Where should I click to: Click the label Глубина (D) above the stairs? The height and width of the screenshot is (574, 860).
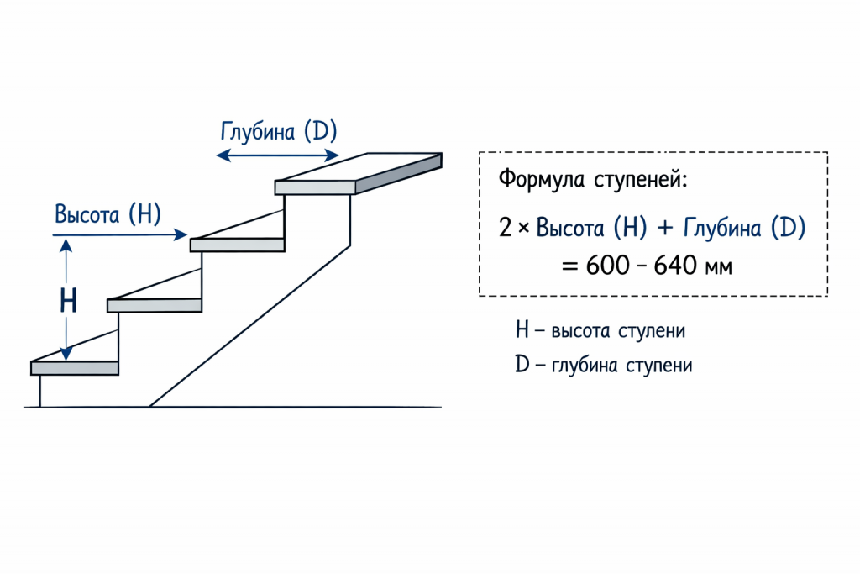pyautogui.click(x=278, y=132)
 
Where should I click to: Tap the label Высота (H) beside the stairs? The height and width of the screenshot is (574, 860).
pyautogui.click(x=107, y=213)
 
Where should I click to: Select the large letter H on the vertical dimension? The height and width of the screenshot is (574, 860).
pyautogui.click(x=69, y=301)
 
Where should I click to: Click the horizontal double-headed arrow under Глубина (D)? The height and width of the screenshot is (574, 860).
pyautogui.click(x=278, y=155)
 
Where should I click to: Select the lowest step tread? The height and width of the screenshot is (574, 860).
pyautogui.click(x=74, y=367)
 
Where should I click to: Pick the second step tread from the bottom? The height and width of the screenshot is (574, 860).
pyautogui.click(x=155, y=305)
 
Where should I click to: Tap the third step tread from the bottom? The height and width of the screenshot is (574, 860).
pyautogui.click(x=238, y=245)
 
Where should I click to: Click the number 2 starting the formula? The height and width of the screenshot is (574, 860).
pyautogui.click(x=505, y=228)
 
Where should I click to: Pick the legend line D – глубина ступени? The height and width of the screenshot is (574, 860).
pyautogui.click(x=604, y=366)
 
